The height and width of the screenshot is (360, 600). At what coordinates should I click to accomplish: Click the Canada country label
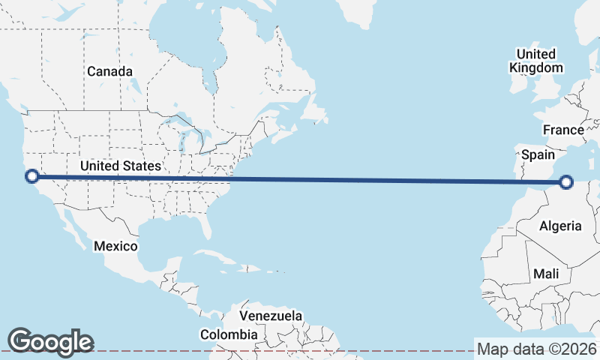109,71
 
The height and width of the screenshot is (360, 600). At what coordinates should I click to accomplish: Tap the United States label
120,165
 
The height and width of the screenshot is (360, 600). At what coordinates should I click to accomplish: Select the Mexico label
115,246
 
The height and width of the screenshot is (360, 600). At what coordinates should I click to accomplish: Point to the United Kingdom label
535,61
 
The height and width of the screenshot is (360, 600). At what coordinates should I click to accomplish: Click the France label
563,130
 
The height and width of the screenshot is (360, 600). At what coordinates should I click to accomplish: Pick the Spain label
537,155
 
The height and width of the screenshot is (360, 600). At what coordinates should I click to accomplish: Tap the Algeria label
560,226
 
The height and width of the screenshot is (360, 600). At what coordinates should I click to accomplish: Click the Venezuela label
271,316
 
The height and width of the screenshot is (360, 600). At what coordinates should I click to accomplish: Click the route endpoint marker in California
32,176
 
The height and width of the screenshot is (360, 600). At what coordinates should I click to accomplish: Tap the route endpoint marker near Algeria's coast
566,181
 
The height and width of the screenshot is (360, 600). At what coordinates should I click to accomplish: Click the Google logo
50,341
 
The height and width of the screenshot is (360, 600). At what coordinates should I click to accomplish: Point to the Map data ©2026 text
537,349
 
